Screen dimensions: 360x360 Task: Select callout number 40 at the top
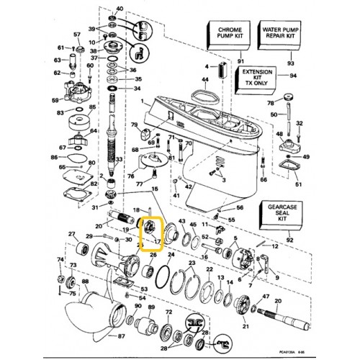click(119, 8)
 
